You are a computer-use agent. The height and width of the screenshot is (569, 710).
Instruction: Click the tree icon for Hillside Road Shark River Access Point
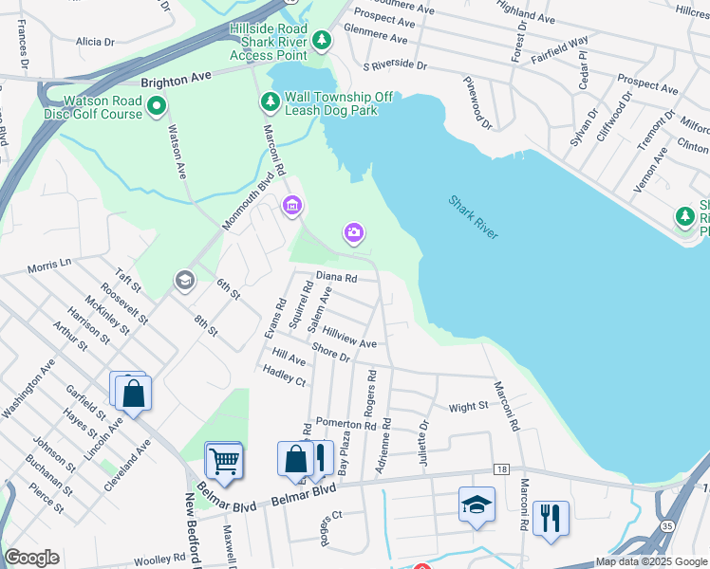(x=323, y=40)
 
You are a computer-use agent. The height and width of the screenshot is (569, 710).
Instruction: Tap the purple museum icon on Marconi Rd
(x=291, y=205)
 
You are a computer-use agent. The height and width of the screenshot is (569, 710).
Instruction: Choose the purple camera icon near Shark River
(x=353, y=232)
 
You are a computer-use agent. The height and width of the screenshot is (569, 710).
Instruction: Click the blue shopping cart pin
(x=224, y=461)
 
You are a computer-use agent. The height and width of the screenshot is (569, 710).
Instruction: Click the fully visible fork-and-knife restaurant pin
(x=551, y=518)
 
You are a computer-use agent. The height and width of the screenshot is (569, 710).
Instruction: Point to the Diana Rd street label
(x=336, y=279)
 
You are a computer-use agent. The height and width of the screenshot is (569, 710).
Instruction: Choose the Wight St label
(x=468, y=406)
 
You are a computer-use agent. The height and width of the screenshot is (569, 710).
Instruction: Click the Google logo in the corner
(x=31, y=558)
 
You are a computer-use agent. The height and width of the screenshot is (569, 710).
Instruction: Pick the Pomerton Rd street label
(x=346, y=424)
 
